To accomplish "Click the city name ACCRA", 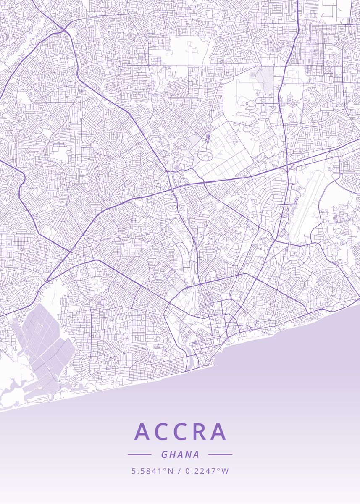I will [180, 432].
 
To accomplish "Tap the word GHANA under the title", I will [180, 454].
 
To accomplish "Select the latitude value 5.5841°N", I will [152, 471].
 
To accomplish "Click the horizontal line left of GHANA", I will [139, 454].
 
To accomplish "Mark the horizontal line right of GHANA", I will [220, 454].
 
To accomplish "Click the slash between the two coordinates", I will [179, 471].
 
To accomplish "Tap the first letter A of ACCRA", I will [142, 432].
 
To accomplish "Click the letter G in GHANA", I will [164, 454].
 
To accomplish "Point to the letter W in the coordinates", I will [226, 471].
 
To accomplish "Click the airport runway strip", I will [307, 206].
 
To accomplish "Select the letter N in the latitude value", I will [170, 471].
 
